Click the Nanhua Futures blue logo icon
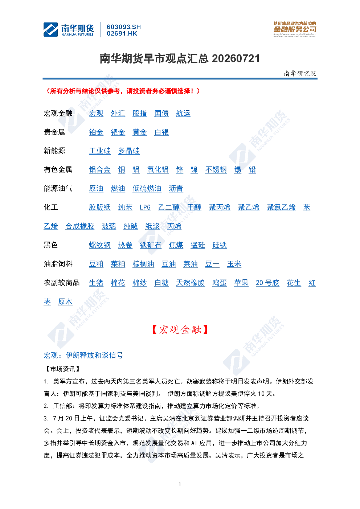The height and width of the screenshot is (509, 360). point(50,29)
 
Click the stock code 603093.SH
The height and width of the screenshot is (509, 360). point(124,27)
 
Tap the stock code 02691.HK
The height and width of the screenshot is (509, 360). point(122,34)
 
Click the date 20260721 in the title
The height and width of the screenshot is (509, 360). point(236,59)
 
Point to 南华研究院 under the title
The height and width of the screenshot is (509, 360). point(300,73)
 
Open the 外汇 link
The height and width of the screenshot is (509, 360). point(118,114)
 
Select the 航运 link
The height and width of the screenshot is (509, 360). point(183,114)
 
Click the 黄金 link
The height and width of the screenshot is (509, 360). point(140,132)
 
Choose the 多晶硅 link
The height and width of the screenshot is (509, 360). point(129,151)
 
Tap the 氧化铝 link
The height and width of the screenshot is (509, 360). point(158,170)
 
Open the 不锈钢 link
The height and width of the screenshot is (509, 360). point(216,170)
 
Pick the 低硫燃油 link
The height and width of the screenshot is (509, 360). point(147,189)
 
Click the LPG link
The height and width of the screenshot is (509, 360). point(145,208)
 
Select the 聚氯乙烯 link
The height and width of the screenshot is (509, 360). point(281,208)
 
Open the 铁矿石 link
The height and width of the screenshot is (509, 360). point(151,245)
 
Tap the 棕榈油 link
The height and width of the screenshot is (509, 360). point(143,264)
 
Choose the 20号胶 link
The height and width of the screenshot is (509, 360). point(267,283)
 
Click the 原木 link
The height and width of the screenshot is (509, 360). point(65,302)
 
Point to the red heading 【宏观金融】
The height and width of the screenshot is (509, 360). point(180,329)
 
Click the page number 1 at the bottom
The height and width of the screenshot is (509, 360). point(180,484)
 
